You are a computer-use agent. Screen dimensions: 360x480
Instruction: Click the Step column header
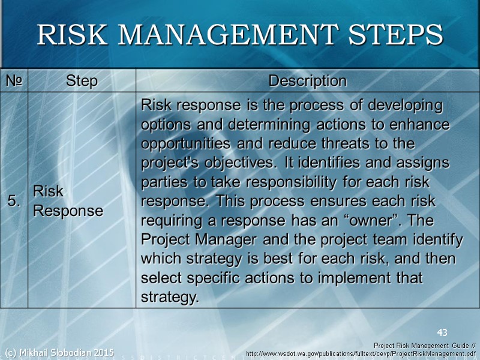coord(82,80)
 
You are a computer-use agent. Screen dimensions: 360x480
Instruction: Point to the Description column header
coord(307,80)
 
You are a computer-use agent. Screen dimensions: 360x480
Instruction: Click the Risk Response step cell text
coord(67,201)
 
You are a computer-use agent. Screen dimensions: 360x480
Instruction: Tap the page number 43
coord(442,332)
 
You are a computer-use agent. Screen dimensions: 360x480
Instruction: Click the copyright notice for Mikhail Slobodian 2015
coord(59,352)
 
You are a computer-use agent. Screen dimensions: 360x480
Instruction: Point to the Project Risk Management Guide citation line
coord(424,346)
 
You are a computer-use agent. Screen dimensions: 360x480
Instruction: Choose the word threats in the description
coord(352,145)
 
